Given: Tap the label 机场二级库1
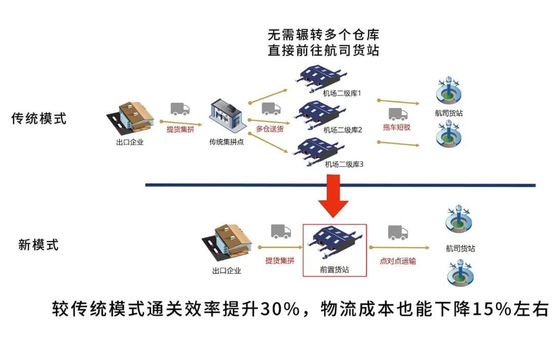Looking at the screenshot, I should click(342, 93).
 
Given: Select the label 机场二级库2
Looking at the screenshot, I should click(343, 130).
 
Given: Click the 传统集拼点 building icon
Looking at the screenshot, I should click(226, 116).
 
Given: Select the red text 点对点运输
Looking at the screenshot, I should click(398, 261).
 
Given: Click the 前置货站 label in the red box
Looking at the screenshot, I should click(334, 269).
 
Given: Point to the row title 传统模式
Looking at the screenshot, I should click(39, 118).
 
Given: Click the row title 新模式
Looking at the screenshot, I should click(38, 245).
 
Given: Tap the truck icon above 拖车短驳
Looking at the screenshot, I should click(398, 113).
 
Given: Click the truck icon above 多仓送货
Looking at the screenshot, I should click(271, 109).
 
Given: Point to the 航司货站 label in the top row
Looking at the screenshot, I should click(448, 113).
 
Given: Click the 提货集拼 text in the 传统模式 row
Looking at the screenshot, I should click(180, 129).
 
